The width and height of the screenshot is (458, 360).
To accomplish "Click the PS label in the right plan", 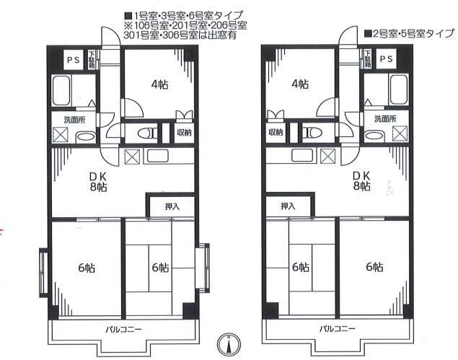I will coord(386,59).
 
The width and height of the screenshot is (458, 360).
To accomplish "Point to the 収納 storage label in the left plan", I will coord(185,132).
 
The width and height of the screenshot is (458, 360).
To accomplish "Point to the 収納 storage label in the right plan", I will coord(276,132).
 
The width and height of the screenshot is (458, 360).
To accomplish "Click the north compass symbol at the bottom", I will coord(229,343).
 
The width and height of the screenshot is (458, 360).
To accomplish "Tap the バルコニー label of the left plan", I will coord(123,330).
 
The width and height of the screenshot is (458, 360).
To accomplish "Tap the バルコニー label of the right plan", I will coord(338,330).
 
